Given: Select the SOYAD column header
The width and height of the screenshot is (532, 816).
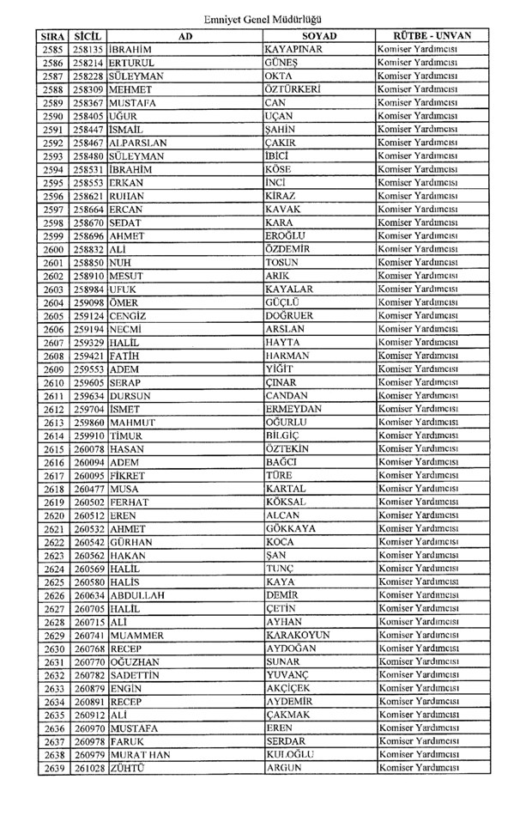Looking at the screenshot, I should (x=319, y=37).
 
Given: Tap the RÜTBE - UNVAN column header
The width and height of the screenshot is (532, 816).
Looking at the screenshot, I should (x=426, y=37).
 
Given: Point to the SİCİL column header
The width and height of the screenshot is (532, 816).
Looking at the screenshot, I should (x=88, y=37).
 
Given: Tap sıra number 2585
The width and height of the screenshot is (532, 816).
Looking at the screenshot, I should (x=53, y=50).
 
